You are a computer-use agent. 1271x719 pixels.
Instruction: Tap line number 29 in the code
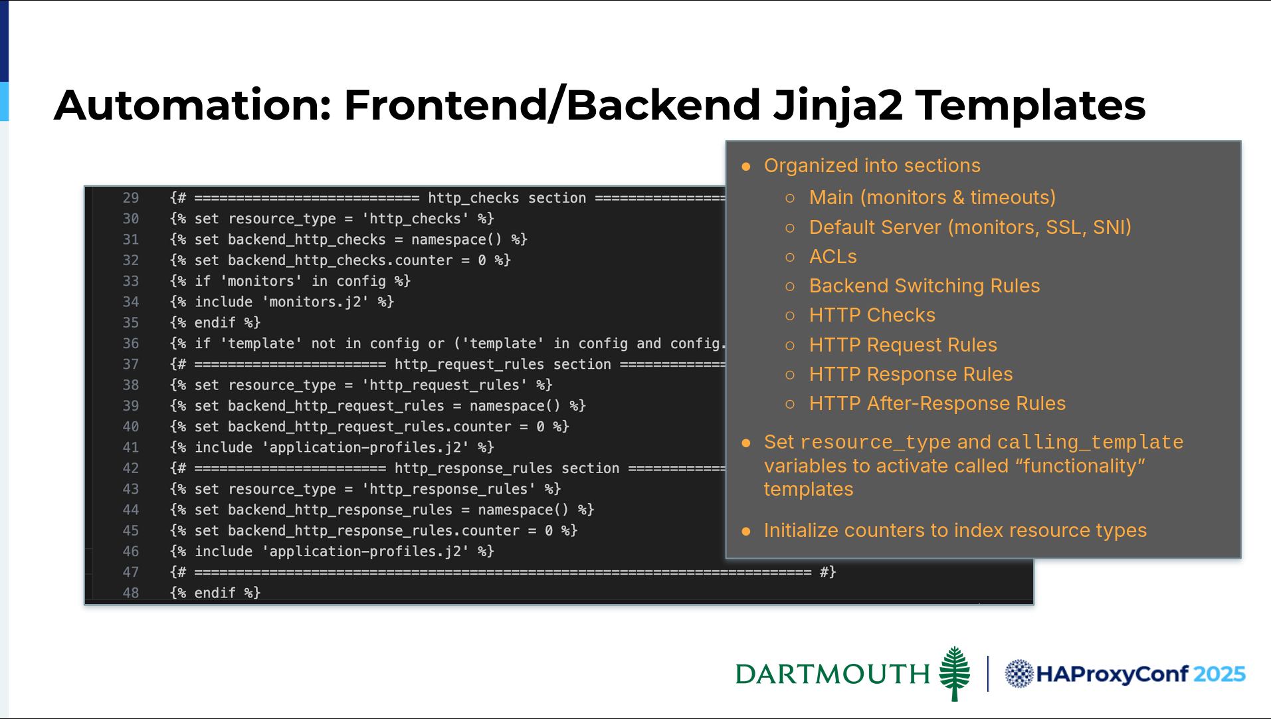coord(131,198)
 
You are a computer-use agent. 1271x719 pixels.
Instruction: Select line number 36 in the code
coord(131,344)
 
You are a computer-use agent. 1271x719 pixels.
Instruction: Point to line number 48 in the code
coord(131,593)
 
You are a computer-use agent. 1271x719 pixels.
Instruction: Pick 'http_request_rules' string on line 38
coord(444,385)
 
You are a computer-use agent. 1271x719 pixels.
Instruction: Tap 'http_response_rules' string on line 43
coord(448,489)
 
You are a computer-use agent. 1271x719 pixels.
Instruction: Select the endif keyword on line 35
coord(215,323)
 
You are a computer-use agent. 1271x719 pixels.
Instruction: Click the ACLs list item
coord(832,257)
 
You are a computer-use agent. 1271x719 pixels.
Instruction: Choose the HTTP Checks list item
coord(872,315)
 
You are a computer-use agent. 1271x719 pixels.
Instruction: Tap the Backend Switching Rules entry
coord(924,286)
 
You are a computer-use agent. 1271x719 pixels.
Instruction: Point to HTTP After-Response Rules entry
coord(937,403)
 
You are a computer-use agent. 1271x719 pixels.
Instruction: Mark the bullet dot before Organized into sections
coord(746,166)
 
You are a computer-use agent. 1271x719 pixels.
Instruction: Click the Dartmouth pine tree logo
coord(955,673)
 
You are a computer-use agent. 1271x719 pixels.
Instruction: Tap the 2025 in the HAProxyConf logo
coord(1219,674)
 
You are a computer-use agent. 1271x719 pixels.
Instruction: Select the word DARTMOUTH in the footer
coord(832,674)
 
